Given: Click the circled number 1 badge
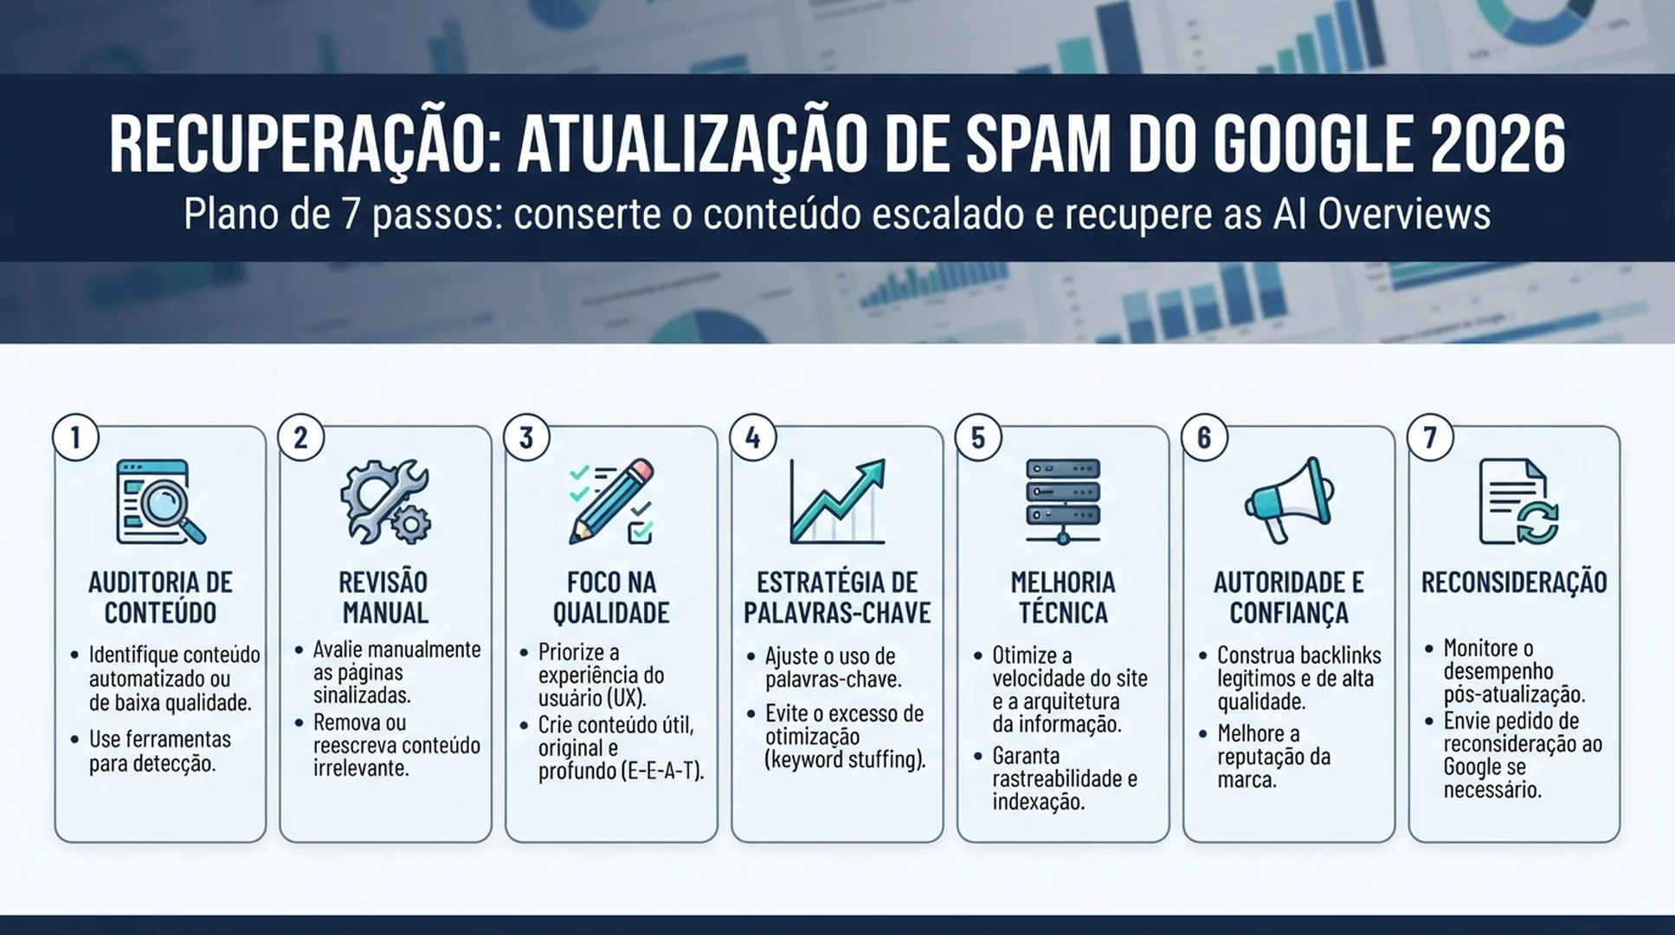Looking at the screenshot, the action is [75, 438].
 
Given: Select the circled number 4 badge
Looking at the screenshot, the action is [752, 438].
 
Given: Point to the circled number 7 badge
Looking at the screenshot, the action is [1430, 438].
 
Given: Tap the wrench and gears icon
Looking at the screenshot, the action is [385, 502].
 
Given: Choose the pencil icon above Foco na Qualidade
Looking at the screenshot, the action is [611, 502].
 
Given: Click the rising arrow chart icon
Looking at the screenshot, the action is [837, 502].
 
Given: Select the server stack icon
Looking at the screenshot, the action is [1063, 502].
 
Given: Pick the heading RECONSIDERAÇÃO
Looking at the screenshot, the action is [1514, 582].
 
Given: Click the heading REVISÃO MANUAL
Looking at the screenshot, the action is [385, 597].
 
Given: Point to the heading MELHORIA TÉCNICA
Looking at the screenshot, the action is [1063, 597].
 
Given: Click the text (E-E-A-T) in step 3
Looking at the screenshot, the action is [663, 771].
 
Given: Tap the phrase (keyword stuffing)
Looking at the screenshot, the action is [846, 760].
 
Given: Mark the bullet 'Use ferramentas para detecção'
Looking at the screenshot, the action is [160, 751].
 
